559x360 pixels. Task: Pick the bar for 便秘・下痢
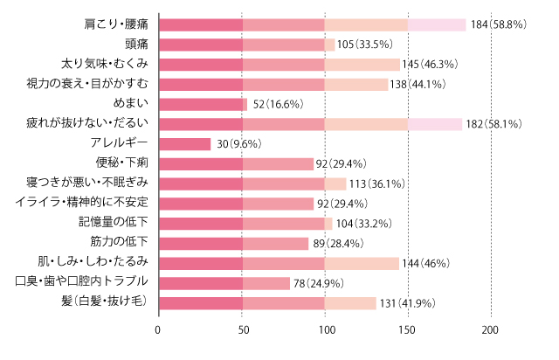(236, 163)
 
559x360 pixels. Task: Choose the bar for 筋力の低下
(233, 243)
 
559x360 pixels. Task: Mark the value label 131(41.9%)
(409, 302)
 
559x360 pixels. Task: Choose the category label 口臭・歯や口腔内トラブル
(81, 282)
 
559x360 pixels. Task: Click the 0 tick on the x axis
(158, 331)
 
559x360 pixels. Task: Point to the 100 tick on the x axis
(324, 331)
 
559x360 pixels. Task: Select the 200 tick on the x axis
(490, 331)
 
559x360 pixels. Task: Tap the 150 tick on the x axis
(407, 331)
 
